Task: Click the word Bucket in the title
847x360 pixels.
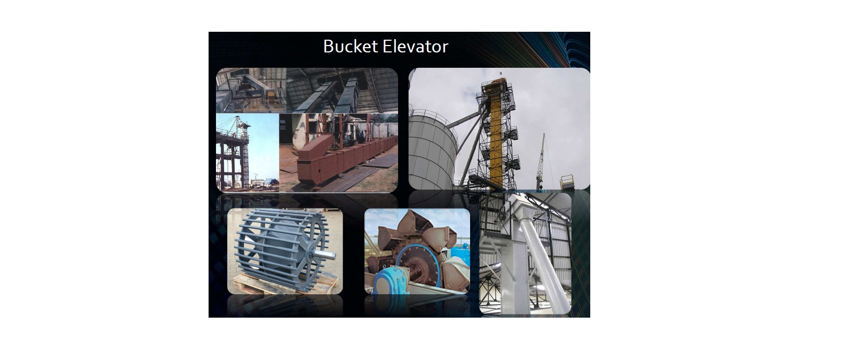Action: pos(350,47)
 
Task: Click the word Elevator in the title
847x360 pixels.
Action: pos(415,47)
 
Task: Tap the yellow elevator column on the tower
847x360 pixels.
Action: pos(496,136)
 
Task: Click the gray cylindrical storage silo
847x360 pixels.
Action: pos(432,151)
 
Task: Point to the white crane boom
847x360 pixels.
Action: pos(541,161)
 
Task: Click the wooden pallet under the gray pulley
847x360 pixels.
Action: pos(285,284)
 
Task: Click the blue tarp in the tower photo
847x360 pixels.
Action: pos(271,182)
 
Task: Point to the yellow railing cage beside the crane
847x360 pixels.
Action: pos(567,182)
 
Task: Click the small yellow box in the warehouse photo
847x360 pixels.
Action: pos(269,93)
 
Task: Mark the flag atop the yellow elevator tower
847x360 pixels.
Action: pos(501,72)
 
